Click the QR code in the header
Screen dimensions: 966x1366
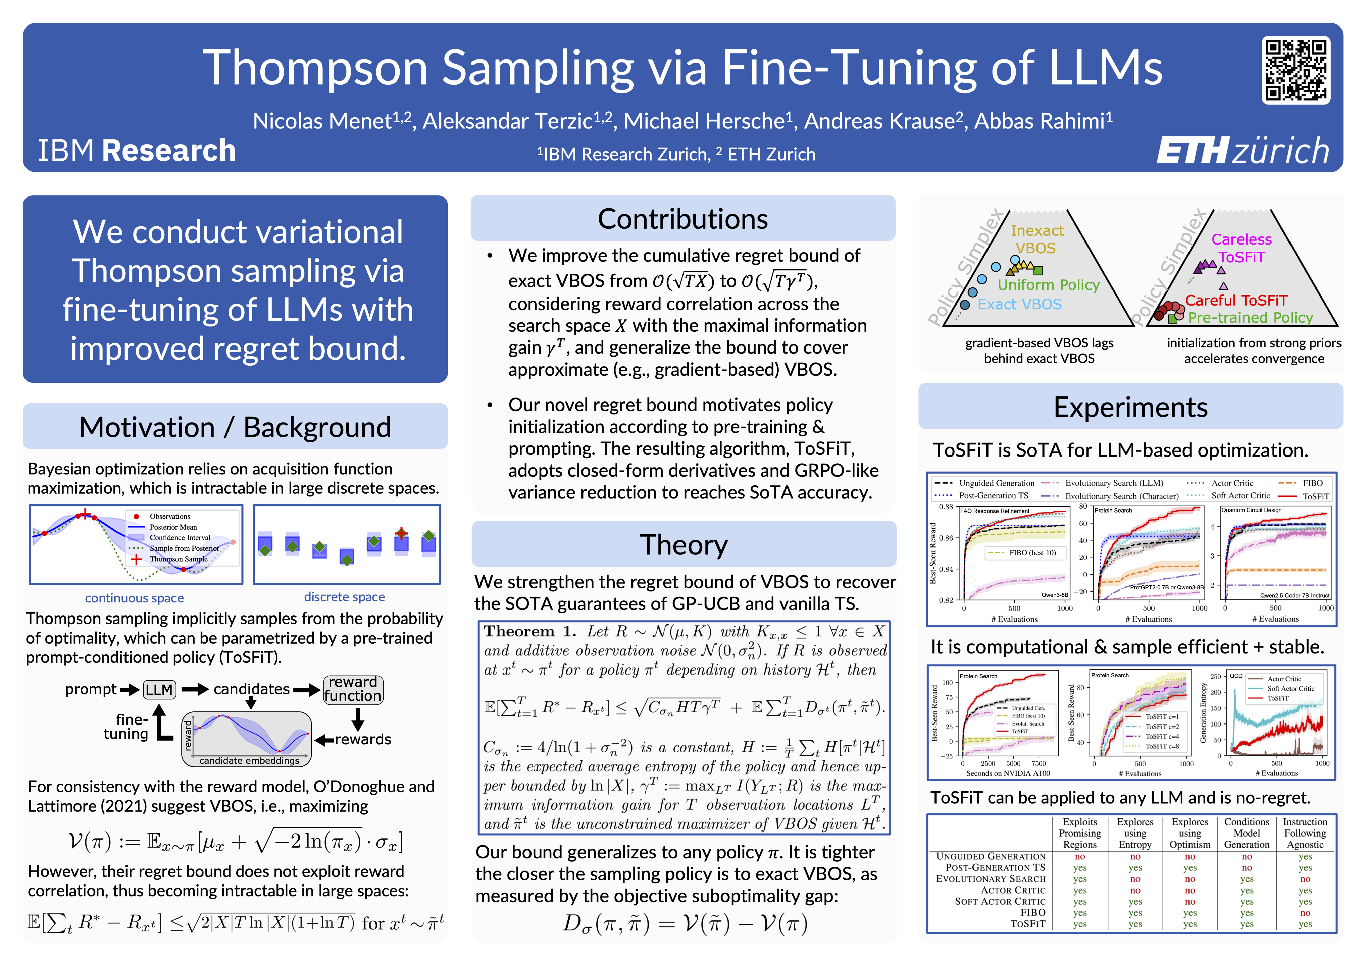[x=1296, y=69]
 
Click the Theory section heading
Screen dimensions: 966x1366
[x=683, y=545]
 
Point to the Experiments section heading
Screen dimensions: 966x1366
[x=1130, y=408]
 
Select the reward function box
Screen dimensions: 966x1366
[x=353, y=689]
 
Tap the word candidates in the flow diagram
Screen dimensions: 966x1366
[x=251, y=689]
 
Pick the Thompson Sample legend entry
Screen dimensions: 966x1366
[x=179, y=559]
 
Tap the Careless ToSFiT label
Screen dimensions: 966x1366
[x=1241, y=248]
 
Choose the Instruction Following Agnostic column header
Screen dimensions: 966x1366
[x=1305, y=833]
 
